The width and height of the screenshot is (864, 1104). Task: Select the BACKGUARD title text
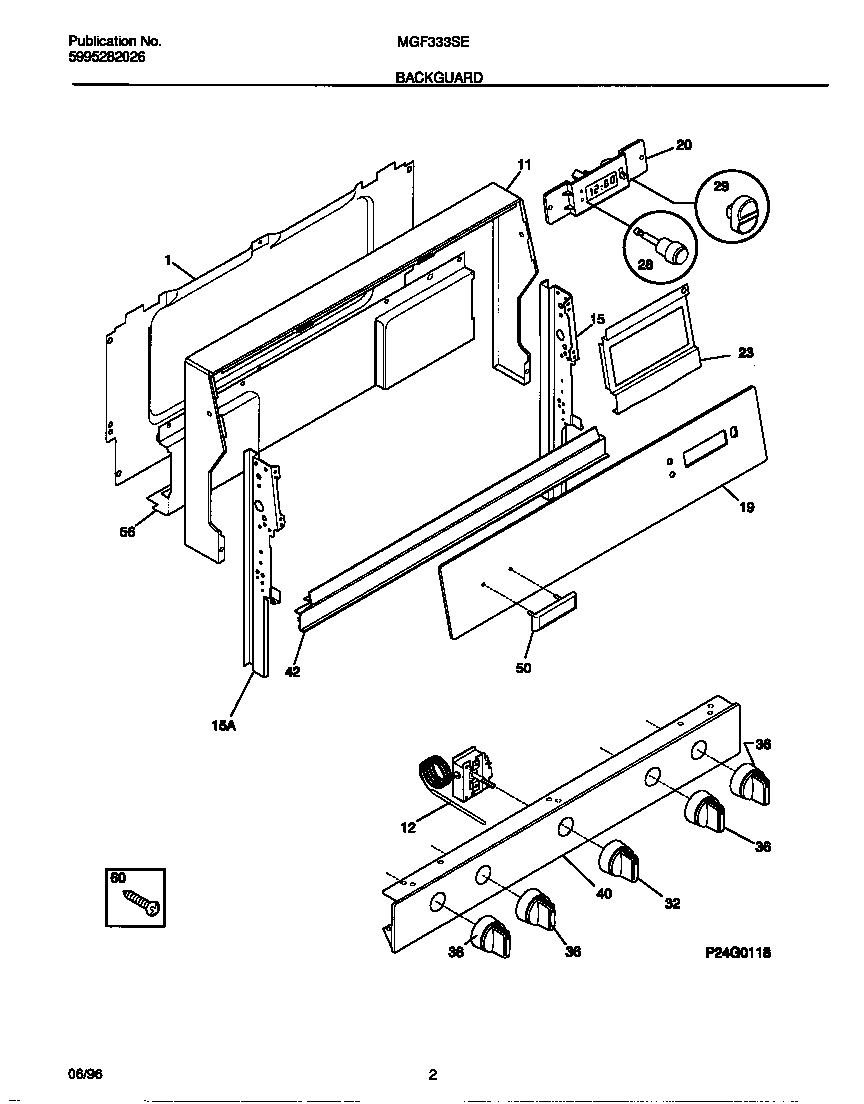tap(439, 76)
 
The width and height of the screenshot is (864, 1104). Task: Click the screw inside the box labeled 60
tap(141, 903)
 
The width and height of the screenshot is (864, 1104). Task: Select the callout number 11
tap(524, 165)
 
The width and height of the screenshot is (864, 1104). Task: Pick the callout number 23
tap(746, 353)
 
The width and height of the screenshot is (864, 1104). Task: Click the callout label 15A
tap(223, 727)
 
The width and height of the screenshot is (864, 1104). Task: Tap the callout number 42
tap(292, 672)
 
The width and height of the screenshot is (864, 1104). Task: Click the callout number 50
tap(523, 667)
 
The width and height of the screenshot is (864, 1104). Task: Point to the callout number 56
tap(127, 532)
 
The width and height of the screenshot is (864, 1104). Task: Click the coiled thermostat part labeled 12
tap(432, 775)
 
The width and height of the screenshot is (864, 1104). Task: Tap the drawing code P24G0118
tap(738, 953)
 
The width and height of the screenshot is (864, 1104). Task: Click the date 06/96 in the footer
tap(86, 1075)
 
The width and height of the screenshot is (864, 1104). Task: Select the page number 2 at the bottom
tap(433, 1076)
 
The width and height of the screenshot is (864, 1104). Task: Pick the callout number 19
tap(746, 507)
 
